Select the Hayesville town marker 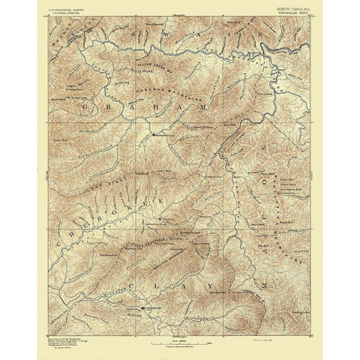(143, 307)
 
